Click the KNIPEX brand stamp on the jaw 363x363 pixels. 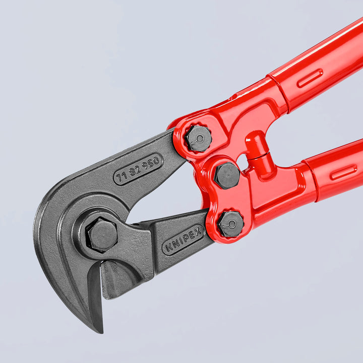point(183,240)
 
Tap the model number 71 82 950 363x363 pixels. point(138,169)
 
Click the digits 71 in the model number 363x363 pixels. point(122,176)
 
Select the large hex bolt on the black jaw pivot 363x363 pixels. point(103,235)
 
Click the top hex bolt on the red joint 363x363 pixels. point(199,138)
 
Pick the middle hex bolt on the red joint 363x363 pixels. point(227,175)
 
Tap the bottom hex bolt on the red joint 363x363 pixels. point(231,224)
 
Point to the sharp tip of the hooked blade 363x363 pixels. point(100,330)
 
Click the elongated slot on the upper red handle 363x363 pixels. point(310,78)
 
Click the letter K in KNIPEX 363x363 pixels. point(167,249)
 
